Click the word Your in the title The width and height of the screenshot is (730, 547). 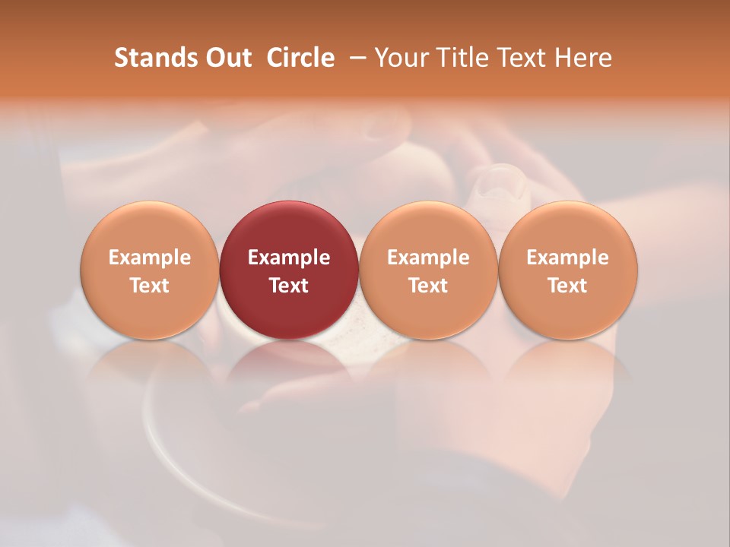(x=401, y=58)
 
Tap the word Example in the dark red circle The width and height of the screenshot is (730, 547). (x=289, y=258)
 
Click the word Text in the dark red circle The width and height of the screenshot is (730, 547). (x=289, y=286)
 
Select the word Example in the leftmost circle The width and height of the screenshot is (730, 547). (x=150, y=258)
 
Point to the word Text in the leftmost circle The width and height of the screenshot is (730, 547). (x=150, y=286)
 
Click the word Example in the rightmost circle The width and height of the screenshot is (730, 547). (x=568, y=258)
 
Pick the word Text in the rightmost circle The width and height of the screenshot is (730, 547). (x=568, y=286)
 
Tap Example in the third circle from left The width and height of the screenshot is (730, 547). (x=428, y=258)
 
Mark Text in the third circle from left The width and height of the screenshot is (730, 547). (x=428, y=286)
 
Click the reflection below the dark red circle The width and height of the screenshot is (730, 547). (x=289, y=365)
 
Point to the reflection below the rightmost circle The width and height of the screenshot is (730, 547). (x=568, y=365)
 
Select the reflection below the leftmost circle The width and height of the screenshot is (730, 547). (x=150, y=365)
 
